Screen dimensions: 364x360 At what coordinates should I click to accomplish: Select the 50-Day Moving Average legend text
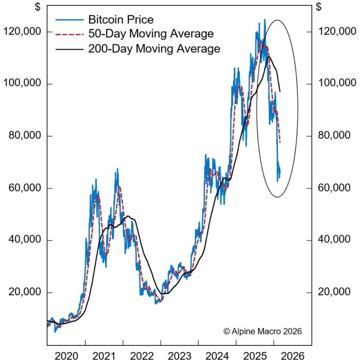point(144,34)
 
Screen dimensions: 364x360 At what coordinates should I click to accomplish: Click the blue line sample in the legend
point(67,20)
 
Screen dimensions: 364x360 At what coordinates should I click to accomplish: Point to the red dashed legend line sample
point(67,34)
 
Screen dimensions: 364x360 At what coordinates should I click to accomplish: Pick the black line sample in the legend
point(67,49)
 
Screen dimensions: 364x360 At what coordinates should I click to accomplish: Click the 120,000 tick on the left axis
point(23,32)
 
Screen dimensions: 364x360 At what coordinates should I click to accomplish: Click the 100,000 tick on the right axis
point(336,83)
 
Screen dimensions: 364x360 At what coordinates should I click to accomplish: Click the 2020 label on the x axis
point(66,357)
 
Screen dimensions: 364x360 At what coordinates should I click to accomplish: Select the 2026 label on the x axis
point(292,357)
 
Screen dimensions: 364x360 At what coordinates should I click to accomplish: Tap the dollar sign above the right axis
point(319,7)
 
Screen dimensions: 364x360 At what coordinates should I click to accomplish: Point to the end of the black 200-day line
point(280,92)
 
